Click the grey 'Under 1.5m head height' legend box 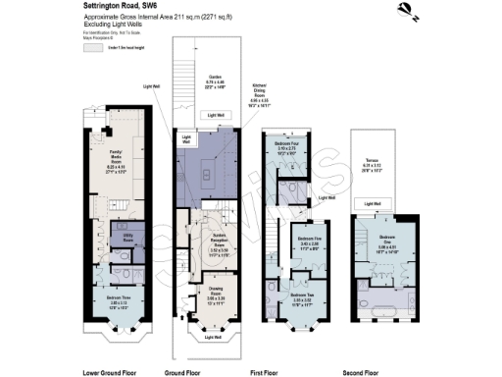click(x=94, y=45)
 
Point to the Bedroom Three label click(x=117, y=304)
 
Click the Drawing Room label click(x=214, y=293)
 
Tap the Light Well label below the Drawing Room click(x=214, y=339)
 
